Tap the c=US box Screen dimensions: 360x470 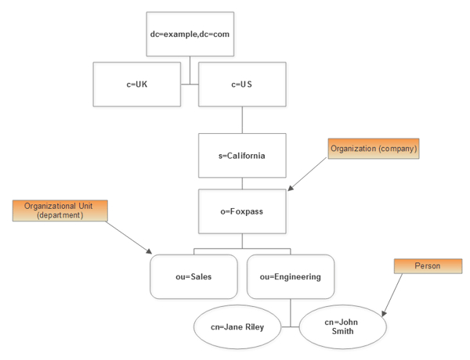[x=241, y=85]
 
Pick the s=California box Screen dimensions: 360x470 [x=241, y=156]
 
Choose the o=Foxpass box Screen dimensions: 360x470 [x=241, y=211]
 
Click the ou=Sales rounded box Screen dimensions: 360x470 [x=193, y=276]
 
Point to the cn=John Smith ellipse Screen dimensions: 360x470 [x=343, y=326]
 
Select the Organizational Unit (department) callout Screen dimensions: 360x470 [x=60, y=211]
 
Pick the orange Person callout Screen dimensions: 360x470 [x=427, y=266]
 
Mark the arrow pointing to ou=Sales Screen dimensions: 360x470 [x=128, y=236]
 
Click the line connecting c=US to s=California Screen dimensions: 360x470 [x=241, y=120]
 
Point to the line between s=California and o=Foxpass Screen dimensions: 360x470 [x=241, y=183]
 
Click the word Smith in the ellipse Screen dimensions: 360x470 [x=342, y=331]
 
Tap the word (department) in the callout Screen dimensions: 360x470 [x=60, y=215]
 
